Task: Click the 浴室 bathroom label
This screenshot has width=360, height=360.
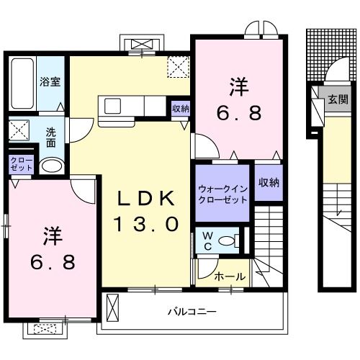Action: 50,81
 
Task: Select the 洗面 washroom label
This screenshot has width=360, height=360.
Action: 51,137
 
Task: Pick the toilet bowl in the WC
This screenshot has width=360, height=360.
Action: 228,241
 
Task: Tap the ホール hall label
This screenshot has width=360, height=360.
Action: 230,276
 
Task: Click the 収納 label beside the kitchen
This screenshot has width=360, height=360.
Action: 181,109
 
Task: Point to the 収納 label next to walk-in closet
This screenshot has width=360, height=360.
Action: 268,183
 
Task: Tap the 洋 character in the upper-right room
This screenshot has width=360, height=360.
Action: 240,86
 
